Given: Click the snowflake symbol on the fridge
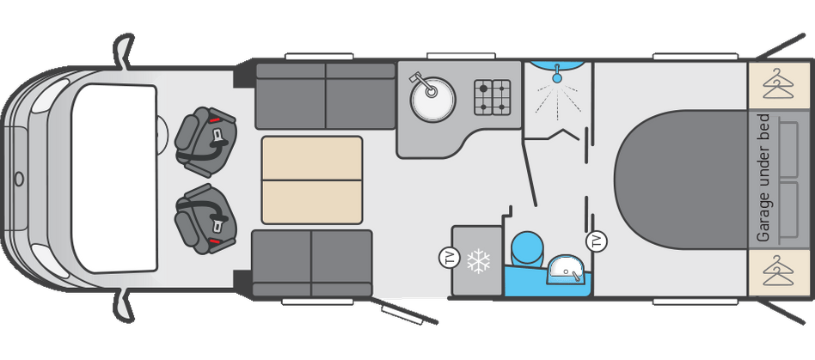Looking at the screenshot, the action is click(478, 261).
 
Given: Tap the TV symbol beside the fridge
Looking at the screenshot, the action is click(449, 258).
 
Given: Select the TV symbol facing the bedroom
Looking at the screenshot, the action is click(596, 241).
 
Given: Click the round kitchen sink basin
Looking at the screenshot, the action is click(432, 99).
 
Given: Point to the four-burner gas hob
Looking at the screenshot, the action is click(493, 96).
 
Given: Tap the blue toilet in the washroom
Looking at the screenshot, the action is click(526, 249).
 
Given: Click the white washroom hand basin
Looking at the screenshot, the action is click(566, 269).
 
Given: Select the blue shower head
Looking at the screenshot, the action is click(557, 76).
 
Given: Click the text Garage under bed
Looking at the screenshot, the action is click(763, 178).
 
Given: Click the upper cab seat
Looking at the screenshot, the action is click(205, 136).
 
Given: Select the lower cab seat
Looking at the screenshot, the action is click(205, 219).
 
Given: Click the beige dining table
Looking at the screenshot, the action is click(311, 180).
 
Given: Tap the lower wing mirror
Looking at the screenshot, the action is click(124, 307).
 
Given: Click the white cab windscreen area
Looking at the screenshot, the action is click(114, 178).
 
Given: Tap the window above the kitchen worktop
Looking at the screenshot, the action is click(461, 56).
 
